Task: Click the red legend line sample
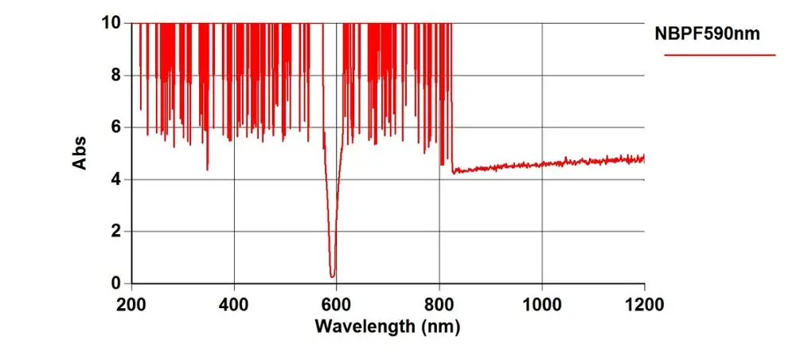tap(720, 55)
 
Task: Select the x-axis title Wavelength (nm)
tap(388, 327)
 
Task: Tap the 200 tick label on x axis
tap(131, 303)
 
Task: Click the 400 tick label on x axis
tap(234, 303)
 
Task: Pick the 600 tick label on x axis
tap(337, 303)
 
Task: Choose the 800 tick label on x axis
tap(439, 303)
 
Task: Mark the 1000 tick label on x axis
tap(541, 303)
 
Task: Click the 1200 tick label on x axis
tap(644, 303)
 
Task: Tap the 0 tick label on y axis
tap(116, 284)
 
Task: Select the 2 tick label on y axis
tap(116, 232)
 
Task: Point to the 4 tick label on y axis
tap(116, 179)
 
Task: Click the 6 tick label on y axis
tap(116, 127)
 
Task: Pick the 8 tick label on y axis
tap(116, 76)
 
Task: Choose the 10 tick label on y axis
tap(112, 23)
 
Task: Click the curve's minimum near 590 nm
tap(332, 276)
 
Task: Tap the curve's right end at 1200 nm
tap(643, 158)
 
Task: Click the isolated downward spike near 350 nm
tap(208, 169)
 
